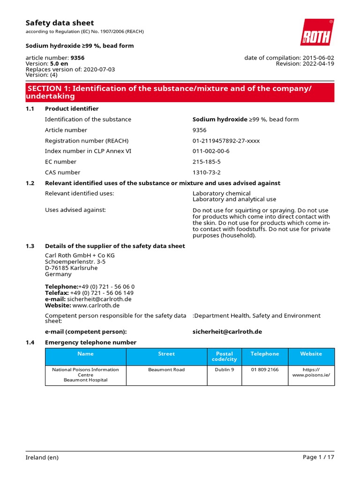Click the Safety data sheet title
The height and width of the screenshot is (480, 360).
pyautogui.click(x=60, y=23)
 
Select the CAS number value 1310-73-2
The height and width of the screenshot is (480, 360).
pyautogui.click(x=206, y=172)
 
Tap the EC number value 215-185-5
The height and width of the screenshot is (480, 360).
pyautogui.click(x=206, y=162)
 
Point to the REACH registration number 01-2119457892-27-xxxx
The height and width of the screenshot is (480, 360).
pyautogui.click(x=226, y=141)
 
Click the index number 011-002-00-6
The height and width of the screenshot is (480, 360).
pyautogui.click(x=211, y=151)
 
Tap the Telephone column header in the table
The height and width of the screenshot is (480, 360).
pyautogui.click(x=265, y=354)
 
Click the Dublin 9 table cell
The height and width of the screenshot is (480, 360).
pyautogui.click(x=225, y=370)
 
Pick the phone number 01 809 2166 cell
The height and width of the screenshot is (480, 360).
pyautogui.click(x=265, y=370)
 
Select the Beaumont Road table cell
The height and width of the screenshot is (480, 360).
pyautogui.click(x=166, y=370)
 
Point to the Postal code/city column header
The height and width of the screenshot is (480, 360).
pyautogui.click(x=225, y=356)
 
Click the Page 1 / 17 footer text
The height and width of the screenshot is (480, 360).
pyautogui.click(x=318, y=457)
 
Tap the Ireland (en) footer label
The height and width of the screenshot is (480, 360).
pyautogui.click(x=42, y=457)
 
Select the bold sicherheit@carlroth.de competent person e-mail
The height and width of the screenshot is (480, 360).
pyautogui.click(x=227, y=331)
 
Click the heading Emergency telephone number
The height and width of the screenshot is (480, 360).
pyautogui.click(x=90, y=343)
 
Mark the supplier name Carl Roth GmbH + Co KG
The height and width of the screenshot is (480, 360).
pyautogui.click(x=80, y=255)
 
